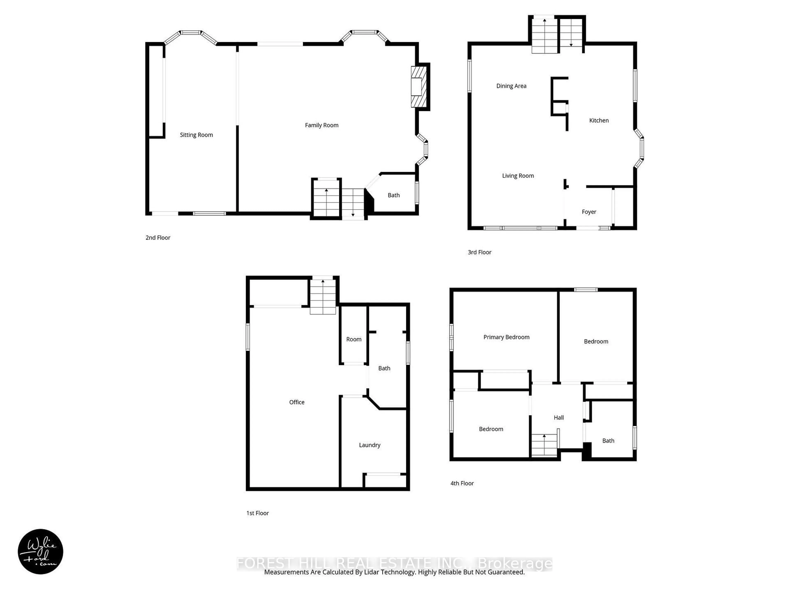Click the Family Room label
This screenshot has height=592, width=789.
[x=321, y=125]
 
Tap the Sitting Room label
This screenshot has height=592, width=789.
[x=196, y=135]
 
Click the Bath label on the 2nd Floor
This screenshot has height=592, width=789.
[x=393, y=195]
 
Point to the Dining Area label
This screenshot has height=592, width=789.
[x=511, y=86]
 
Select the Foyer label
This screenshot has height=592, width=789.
[x=588, y=212]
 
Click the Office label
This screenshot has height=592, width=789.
[x=296, y=402]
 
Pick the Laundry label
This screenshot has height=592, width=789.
[x=369, y=445]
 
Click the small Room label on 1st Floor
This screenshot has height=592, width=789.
[x=353, y=339]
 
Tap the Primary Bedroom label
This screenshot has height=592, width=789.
[x=506, y=337]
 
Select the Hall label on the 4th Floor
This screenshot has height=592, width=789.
[x=559, y=417]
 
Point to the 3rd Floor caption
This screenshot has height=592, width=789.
[x=479, y=252]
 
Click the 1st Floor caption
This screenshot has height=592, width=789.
[x=257, y=513]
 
